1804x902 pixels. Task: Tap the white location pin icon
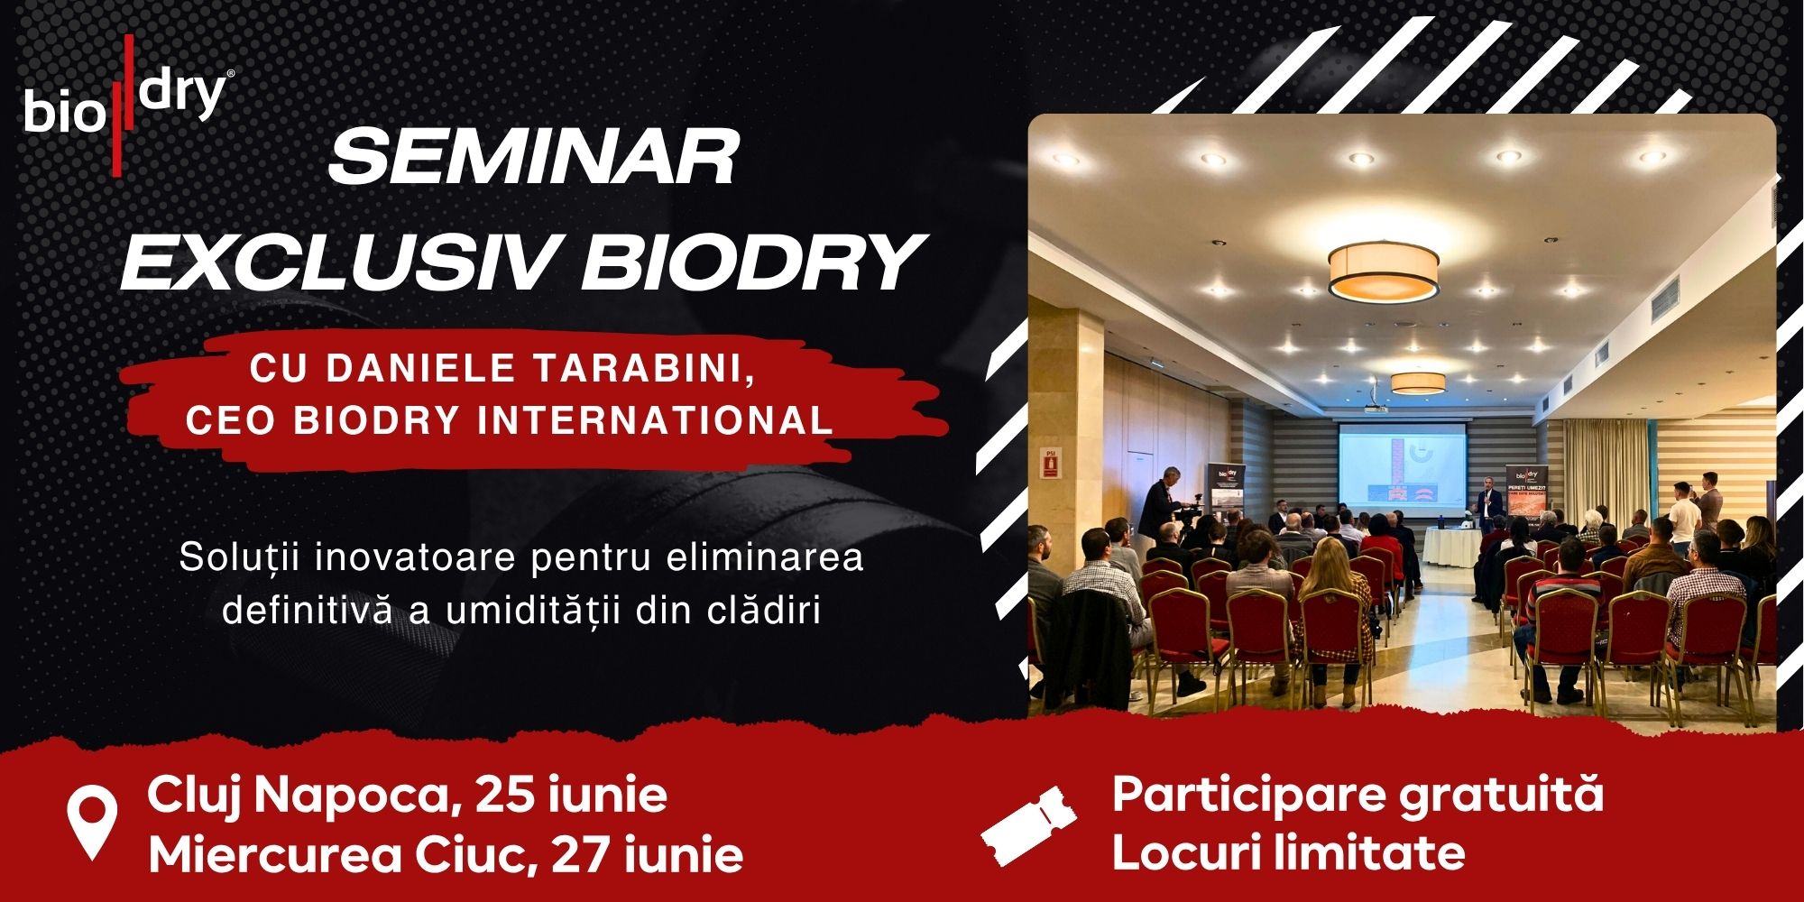(93, 822)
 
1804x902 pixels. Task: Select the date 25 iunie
(571, 795)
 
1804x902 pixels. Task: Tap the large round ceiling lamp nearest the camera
(1384, 272)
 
